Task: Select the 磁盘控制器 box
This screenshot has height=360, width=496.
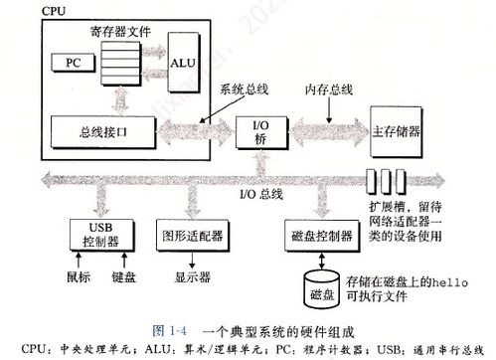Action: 319,235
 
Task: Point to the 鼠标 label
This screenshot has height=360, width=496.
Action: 78,276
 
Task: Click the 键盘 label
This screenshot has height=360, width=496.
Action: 124,276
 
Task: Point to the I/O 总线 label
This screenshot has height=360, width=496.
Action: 262,193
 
